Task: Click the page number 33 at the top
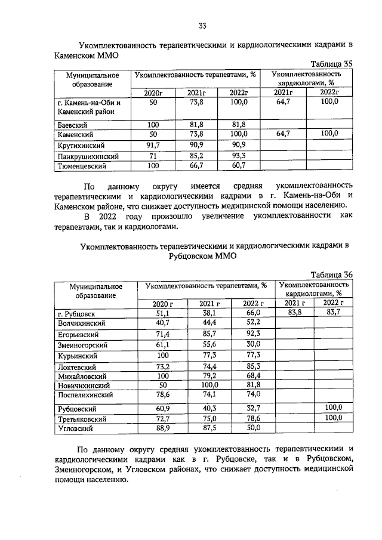point(202,25)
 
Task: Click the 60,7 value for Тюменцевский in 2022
point(238,166)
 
